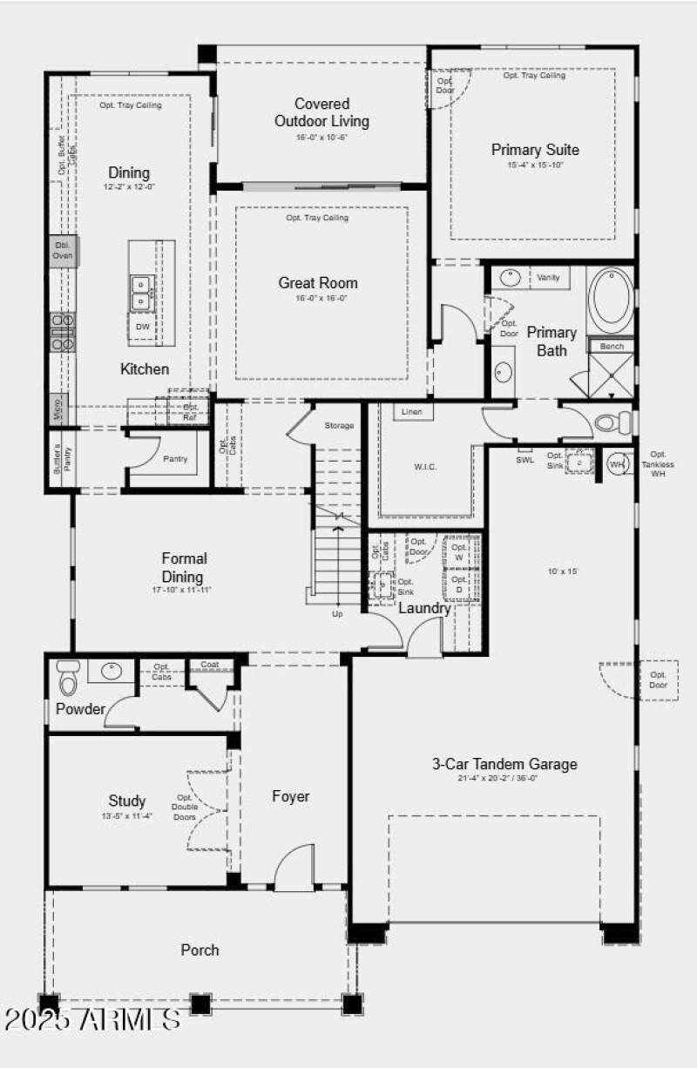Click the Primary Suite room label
(x=534, y=150)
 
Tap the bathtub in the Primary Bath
(x=611, y=301)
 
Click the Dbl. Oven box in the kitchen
(x=63, y=250)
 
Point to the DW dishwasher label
(x=144, y=327)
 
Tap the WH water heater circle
(x=618, y=464)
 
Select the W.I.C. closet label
(x=425, y=467)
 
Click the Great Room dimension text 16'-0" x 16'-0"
(x=318, y=298)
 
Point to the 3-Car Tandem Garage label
(x=504, y=764)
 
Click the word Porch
(x=200, y=950)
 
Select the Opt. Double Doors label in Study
(x=185, y=808)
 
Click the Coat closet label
(x=209, y=665)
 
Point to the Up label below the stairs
(x=337, y=613)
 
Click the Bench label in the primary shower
(x=612, y=347)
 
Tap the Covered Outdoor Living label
(x=321, y=112)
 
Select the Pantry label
(x=175, y=459)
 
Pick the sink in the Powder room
(x=112, y=671)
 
